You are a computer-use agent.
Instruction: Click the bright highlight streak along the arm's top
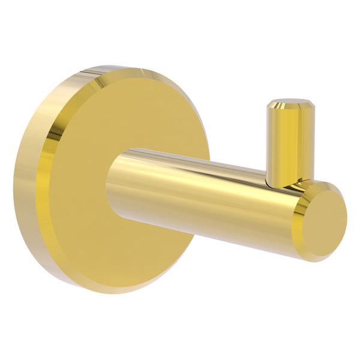198,165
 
